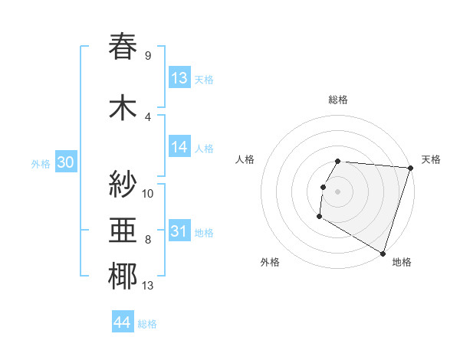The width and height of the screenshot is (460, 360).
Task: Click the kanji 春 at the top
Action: (x=123, y=47)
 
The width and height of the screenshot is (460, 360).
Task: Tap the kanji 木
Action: (x=123, y=108)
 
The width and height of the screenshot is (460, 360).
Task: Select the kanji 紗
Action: (x=123, y=185)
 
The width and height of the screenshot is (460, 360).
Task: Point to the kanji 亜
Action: (x=123, y=231)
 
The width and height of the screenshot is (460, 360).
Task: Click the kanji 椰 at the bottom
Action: (x=123, y=277)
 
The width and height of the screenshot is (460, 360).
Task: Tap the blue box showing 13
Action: (x=179, y=78)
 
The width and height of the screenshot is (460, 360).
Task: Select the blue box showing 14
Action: (x=179, y=148)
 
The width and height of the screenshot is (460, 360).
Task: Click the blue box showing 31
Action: (x=179, y=232)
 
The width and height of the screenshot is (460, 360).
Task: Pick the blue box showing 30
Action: (x=65, y=162)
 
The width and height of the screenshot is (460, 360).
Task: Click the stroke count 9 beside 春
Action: (x=148, y=55)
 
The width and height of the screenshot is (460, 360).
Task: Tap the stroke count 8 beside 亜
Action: (x=148, y=240)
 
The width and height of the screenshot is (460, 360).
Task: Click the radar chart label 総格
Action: (x=338, y=100)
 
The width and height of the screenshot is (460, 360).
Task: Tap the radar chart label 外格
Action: (x=270, y=262)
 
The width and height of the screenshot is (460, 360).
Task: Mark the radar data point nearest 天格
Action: (x=410, y=168)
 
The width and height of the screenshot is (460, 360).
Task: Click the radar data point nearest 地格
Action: (x=383, y=253)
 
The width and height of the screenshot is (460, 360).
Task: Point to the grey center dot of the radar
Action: (x=338, y=191)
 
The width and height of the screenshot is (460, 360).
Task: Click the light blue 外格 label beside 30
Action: (x=41, y=163)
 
